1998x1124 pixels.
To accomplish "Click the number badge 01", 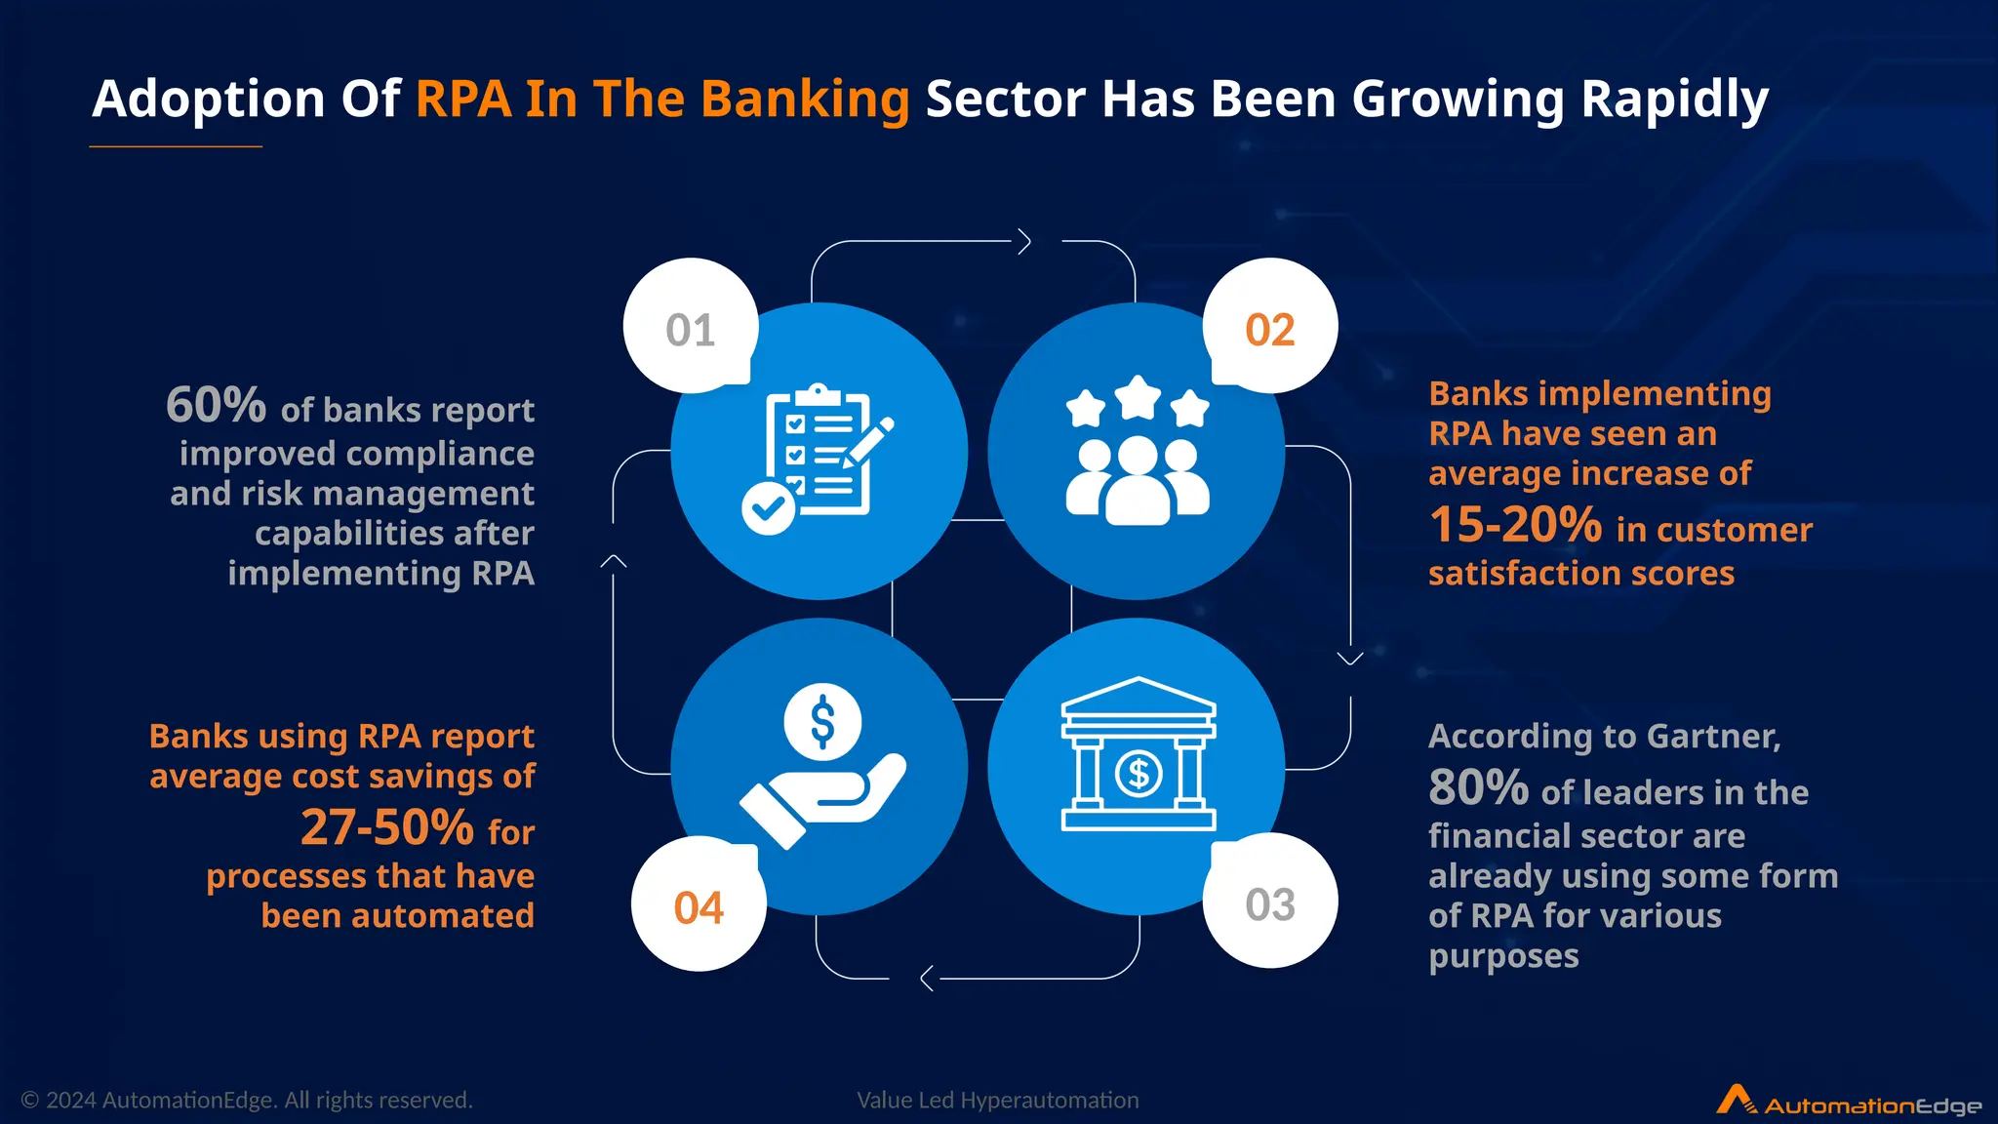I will click(x=691, y=328).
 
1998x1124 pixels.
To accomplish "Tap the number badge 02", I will click(x=1269, y=328).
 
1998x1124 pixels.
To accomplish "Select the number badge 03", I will click(x=1269, y=903).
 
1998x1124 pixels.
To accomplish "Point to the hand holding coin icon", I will click(x=822, y=766).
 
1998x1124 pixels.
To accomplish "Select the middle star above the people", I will click(x=1138, y=398).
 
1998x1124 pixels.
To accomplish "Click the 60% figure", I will click(x=216, y=405).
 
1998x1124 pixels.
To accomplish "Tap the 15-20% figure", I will click(x=1515, y=525).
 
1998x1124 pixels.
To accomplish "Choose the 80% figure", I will click(x=1478, y=787).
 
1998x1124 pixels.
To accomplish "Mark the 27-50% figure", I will click(x=387, y=827).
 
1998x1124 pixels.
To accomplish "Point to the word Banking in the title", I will click(x=805, y=99).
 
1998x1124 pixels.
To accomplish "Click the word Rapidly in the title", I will click(x=1674, y=99).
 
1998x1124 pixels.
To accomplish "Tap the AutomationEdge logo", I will click(x=1849, y=1102).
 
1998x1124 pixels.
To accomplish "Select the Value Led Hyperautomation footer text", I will click(x=997, y=1101).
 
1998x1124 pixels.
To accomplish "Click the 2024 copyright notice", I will click(x=247, y=1101).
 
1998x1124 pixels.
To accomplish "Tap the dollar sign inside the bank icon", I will click(x=1139, y=774).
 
